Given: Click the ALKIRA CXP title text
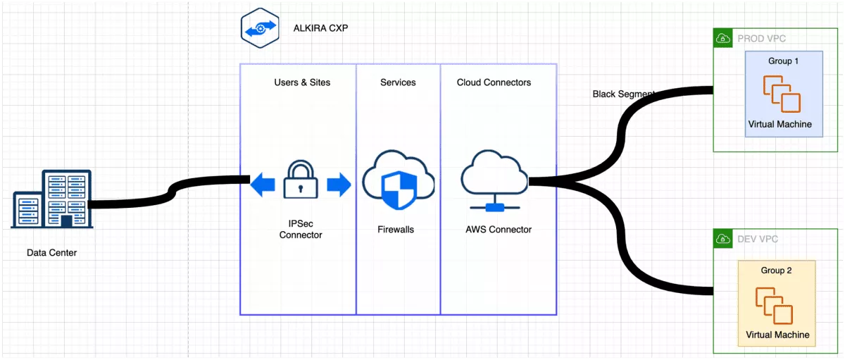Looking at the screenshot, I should click(x=320, y=29).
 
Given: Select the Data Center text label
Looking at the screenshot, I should click(x=51, y=253).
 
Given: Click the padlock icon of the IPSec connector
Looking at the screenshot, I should click(x=301, y=180).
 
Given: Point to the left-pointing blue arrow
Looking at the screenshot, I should click(x=263, y=185).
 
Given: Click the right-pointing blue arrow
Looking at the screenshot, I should click(x=339, y=185).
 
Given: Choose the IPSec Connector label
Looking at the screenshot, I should click(x=301, y=229).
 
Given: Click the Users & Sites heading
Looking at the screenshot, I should click(x=302, y=82).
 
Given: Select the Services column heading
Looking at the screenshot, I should click(x=398, y=82).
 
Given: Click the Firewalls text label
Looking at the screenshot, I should click(x=396, y=229).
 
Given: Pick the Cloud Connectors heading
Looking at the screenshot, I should click(x=494, y=82).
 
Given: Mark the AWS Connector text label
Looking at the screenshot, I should click(x=499, y=229).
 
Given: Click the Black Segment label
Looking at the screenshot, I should click(x=624, y=94).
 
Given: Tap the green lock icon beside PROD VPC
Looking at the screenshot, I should click(x=722, y=38).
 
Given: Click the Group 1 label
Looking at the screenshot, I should click(x=783, y=61).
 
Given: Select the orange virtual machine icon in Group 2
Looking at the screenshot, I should click(x=774, y=304).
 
